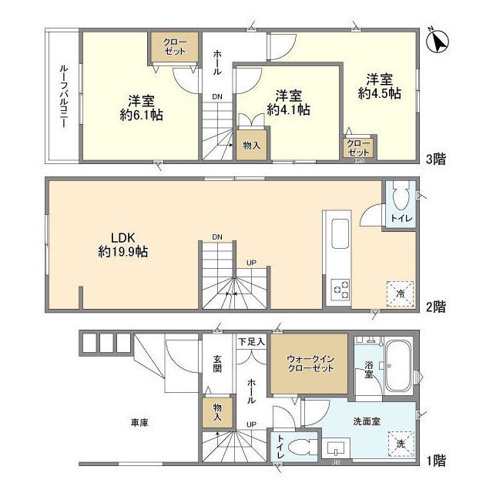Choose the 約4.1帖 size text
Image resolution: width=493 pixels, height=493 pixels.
point(288,110)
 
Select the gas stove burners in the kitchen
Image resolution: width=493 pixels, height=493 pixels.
point(340,290)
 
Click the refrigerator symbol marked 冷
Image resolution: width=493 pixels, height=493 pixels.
point(400,290)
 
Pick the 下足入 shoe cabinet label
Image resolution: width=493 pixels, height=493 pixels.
point(251,341)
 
